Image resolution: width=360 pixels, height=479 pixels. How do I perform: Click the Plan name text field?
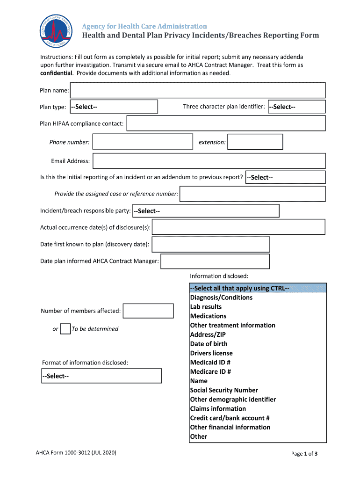tap(197, 90)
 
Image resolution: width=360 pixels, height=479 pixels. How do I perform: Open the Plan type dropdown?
tap(114, 107)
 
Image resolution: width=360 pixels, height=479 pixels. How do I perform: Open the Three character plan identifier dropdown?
tap(296, 107)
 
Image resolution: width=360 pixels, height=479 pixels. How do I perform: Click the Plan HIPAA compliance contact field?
tap(226, 123)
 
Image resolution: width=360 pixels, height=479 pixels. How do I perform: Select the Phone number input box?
tap(143, 142)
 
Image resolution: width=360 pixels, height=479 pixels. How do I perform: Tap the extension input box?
tap(255, 142)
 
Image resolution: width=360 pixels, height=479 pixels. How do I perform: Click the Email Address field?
tap(209, 161)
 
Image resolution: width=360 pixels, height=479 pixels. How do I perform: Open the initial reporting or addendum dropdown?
tap(285, 177)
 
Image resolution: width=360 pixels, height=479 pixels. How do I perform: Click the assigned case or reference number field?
tap(252, 194)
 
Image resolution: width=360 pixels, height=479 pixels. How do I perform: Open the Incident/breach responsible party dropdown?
tap(205, 211)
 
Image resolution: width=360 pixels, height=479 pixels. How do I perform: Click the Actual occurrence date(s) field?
tap(238, 227)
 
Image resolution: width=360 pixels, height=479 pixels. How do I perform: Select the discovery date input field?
tap(211, 244)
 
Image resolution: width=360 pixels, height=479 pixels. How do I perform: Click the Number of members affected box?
tap(148, 311)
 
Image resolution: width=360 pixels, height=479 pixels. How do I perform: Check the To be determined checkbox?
tap(66, 329)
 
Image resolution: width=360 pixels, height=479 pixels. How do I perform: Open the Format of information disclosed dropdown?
tap(102, 376)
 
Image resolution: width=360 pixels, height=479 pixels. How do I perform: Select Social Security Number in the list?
tap(224, 390)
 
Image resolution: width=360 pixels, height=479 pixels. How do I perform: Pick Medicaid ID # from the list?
tap(210, 363)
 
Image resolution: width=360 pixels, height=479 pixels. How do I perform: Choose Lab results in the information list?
tap(206, 307)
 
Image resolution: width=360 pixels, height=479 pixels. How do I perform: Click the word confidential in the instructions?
tap(56, 73)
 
